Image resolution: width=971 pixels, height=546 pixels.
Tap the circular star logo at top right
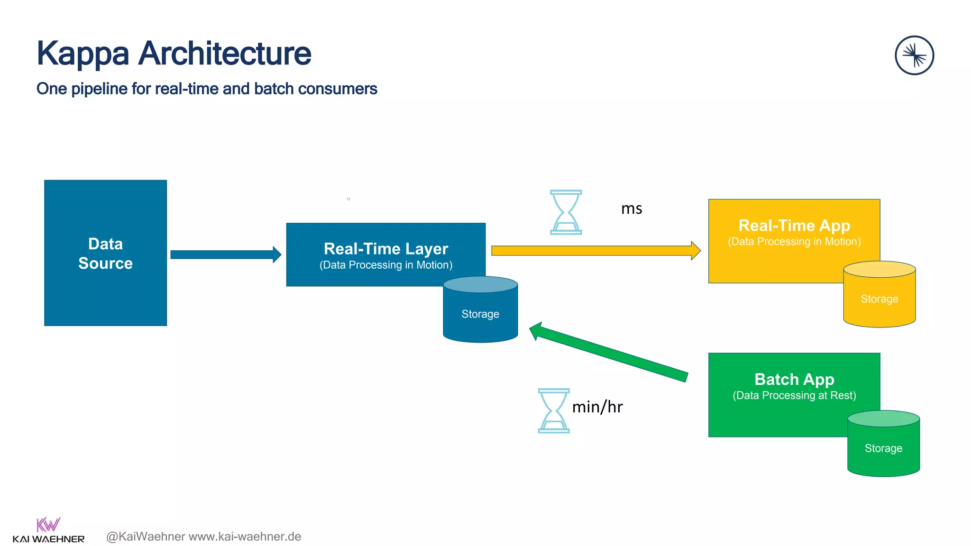[914, 55]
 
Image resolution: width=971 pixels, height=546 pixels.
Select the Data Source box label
[105, 254]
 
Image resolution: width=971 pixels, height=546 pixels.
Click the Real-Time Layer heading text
[385, 249]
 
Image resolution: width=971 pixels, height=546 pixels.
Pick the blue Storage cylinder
[480, 314]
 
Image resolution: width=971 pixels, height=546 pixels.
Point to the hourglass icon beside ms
[566, 212]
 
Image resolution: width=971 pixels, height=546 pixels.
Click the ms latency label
[632, 209]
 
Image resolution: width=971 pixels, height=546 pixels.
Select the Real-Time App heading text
[794, 226]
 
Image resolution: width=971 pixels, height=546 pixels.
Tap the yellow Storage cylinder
[879, 299]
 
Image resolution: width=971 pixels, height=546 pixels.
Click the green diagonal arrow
[609, 352]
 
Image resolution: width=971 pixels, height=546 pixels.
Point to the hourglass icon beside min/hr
[553, 410]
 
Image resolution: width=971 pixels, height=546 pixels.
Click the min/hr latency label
[597, 407]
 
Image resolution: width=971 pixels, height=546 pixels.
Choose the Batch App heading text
[794, 380]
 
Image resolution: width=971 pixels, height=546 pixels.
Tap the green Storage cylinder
[883, 448]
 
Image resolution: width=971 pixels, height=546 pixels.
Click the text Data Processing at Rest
[794, 396]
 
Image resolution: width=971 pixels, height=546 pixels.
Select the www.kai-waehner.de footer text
[245, 537]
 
